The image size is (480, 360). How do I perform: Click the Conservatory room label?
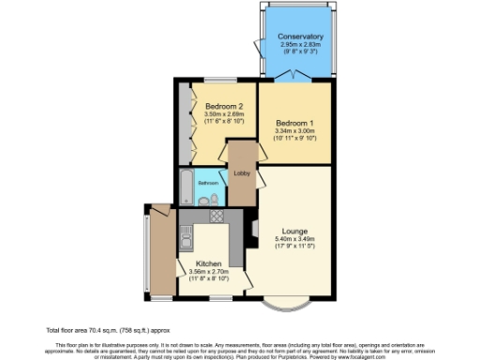pyautogui.click(x=300, y=37)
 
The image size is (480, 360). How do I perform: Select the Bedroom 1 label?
pyautogui.click(x=294, y=123)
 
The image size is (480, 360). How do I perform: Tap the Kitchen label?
pyautogui.click(x=209, y=264)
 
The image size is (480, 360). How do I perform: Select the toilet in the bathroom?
pyautogui.click(x=214, y=199)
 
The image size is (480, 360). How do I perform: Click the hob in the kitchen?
pyautogui.click(x=217, y=216)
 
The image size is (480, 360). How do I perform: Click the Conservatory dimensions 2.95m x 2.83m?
pyautogui.click(x=300, y=46)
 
